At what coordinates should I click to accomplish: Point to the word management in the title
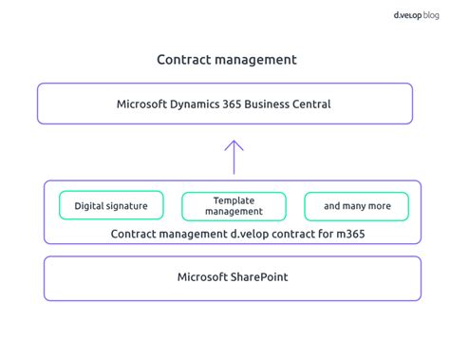click(x=254, y=60)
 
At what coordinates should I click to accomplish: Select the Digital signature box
click(x=111, y=205)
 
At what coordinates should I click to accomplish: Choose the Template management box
click(x=234, y=205)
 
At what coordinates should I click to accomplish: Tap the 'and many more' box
click(x=356, y=205)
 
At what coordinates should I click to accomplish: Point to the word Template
click(x=234, y=199)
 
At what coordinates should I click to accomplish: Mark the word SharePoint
click(x=260, y=277)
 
